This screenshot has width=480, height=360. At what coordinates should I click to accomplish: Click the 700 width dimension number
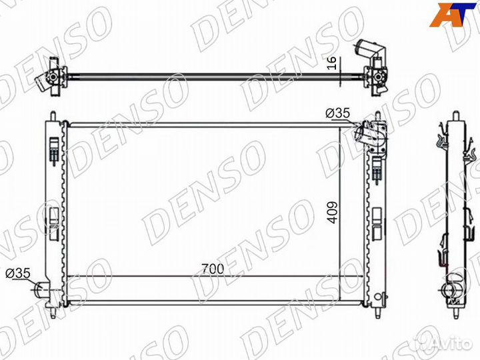213,269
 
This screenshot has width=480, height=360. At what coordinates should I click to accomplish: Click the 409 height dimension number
332,212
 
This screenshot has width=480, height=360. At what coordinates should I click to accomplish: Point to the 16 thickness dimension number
332,63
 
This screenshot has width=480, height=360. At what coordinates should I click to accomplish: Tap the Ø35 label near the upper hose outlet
337,113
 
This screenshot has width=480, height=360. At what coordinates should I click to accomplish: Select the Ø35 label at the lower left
18,273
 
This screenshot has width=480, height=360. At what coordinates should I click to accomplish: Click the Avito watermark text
453,344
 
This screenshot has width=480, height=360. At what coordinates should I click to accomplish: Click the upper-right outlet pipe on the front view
361,134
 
